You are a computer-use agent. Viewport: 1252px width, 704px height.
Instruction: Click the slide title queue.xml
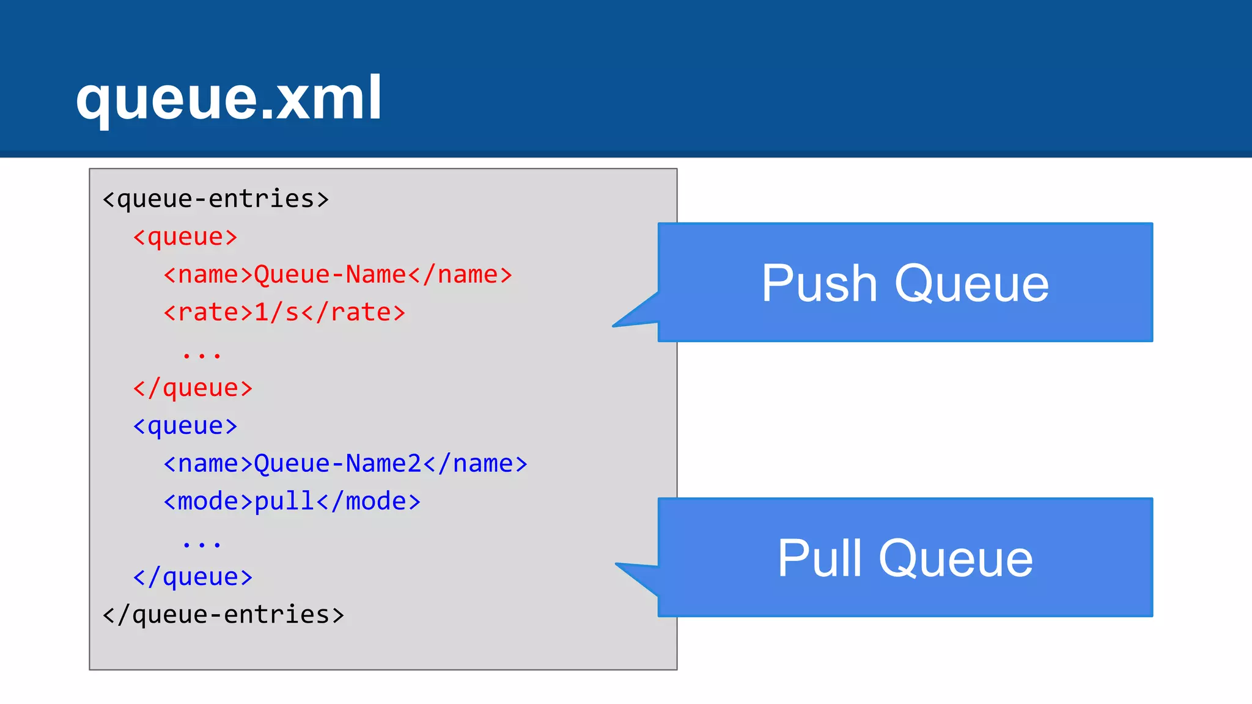coord(229,98)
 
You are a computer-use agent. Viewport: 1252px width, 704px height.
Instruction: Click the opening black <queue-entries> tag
coord(216,199)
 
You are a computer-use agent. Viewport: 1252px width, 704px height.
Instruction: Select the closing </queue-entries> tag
coord(223,615)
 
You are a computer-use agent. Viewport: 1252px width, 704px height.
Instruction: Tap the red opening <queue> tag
coord(185,237)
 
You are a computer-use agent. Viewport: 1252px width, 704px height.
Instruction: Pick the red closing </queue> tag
coord(193,388)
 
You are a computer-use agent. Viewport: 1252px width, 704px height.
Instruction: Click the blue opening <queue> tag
coord(185,426)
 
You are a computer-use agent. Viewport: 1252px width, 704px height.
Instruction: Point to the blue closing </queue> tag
coord(193,577)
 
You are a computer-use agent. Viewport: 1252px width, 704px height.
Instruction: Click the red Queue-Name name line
coord(337,275)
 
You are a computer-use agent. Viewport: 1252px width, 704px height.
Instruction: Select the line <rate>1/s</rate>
coord(284,313)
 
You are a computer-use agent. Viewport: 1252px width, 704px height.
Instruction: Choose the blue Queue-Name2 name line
coord(345,464)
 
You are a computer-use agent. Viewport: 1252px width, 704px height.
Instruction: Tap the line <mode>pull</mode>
coord(292,502)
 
